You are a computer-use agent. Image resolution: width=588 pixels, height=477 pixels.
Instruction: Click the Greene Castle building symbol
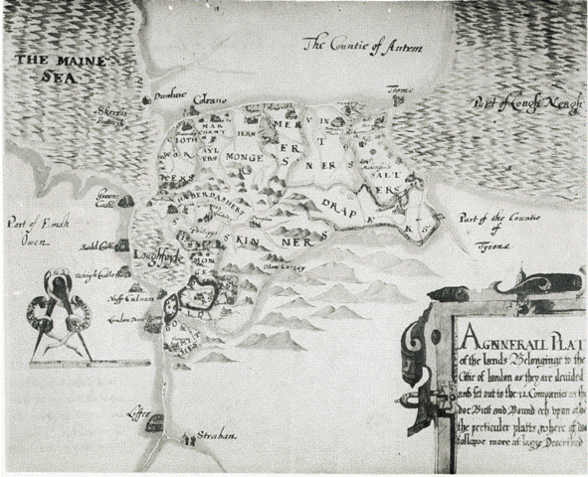[x=126, y=202]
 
